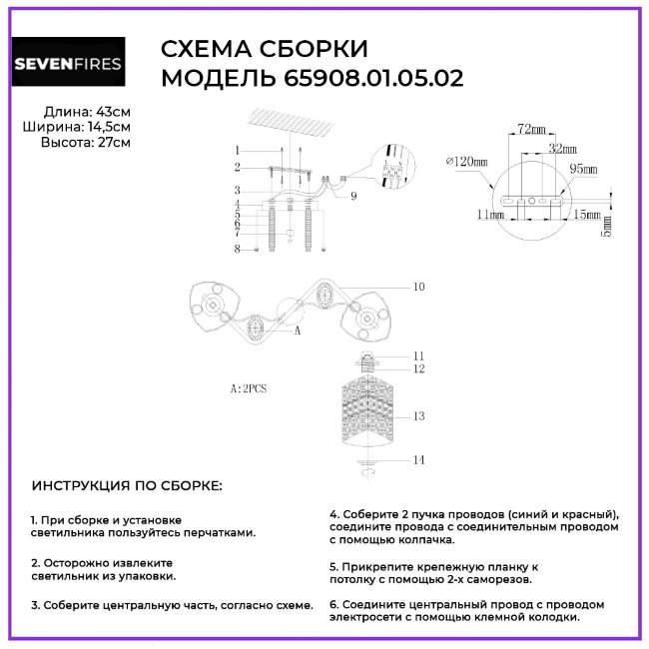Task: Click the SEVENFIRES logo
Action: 68,64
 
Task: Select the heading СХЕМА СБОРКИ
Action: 264,50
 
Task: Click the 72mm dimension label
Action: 531,130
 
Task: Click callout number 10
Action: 418,287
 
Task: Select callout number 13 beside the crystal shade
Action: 419,415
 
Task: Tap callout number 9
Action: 353,196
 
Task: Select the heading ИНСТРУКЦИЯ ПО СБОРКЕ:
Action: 128,486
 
